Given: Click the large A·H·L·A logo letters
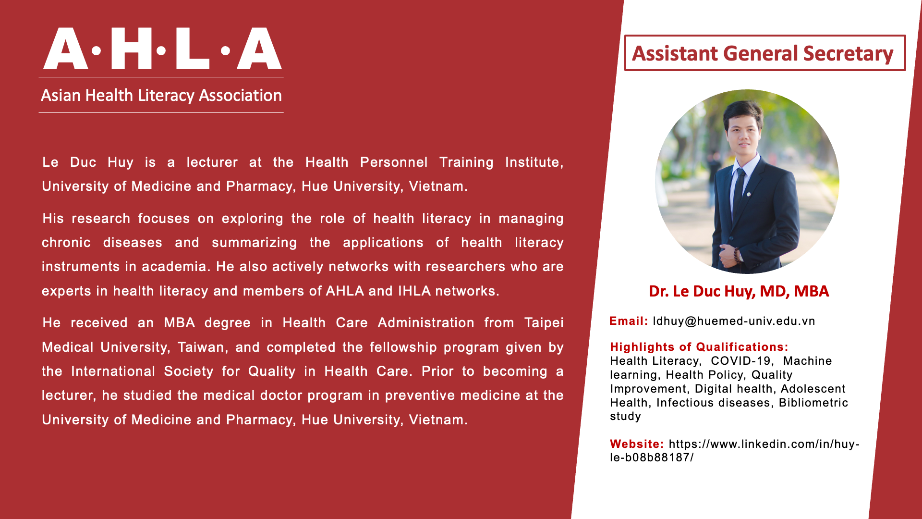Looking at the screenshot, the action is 162,49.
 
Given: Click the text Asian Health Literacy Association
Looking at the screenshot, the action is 161,95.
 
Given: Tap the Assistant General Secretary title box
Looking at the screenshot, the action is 764,53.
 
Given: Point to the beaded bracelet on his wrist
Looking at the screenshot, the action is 736,254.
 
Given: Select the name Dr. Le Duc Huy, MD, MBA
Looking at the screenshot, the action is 739,291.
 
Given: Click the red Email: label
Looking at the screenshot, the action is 629,321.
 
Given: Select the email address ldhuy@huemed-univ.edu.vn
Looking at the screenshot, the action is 734,321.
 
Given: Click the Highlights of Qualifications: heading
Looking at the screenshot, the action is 699,347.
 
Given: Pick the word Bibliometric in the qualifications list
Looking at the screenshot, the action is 813,403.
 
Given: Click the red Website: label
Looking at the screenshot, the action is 637,444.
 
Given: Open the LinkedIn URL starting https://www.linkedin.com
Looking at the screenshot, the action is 735,451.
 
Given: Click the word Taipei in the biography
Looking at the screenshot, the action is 544,323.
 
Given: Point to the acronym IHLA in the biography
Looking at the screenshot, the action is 414,291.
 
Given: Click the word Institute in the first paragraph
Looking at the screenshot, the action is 534,162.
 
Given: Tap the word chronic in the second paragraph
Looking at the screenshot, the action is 66,243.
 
